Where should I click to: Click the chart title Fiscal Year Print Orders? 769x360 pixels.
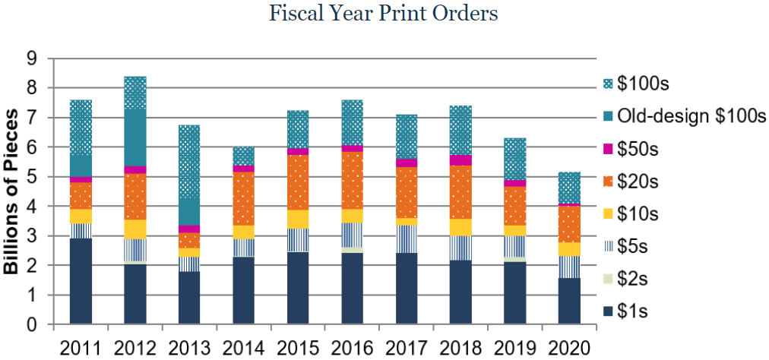(x=384, y=14)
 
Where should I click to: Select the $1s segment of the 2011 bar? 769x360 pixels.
(x=80, y=281)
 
